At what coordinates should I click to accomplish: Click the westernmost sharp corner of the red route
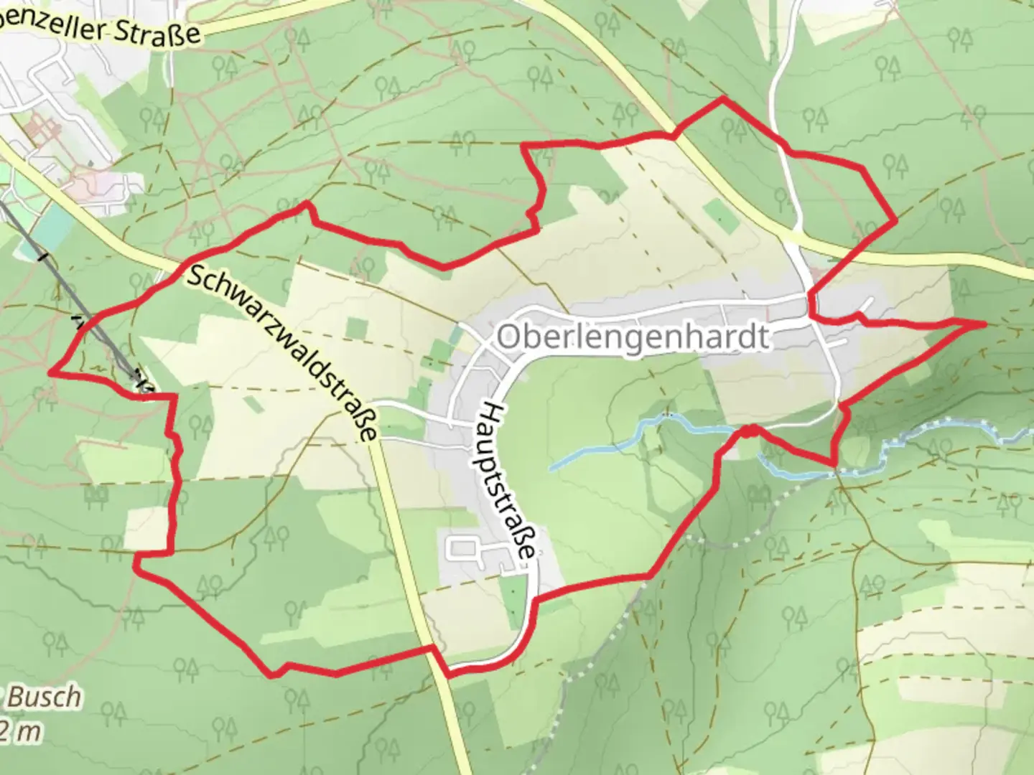tap(50, 372)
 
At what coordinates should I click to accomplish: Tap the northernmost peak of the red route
tap(722, 98)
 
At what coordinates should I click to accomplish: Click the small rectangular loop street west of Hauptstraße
tap(462, 550)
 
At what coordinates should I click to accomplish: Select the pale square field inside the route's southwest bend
tap(146, 528)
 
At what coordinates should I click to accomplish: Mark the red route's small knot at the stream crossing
tap(748, 431)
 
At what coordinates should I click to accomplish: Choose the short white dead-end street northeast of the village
tap(867, 304)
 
